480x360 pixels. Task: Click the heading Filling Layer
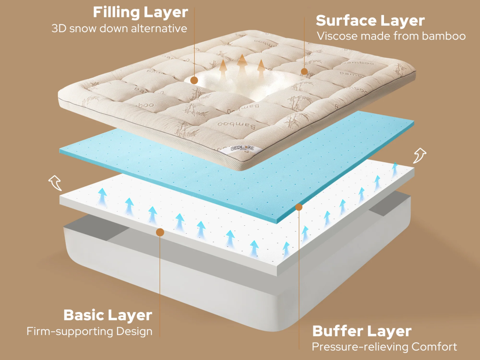(140, 13)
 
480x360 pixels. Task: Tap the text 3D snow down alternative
(120, 28)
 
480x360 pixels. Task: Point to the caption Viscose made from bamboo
(391, 36)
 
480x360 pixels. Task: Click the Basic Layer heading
(108, 315)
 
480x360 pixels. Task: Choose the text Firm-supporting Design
(89, 331)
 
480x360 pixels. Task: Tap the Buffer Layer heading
(362, 331)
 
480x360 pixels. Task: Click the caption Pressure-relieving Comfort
(384, 347)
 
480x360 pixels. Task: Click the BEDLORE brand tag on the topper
(242, 148)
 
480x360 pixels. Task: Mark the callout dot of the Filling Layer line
(194, 80)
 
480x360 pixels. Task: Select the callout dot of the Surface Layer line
(304, 72)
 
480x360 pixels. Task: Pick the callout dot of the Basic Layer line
(160, 232)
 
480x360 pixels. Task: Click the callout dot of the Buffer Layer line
(299, 207)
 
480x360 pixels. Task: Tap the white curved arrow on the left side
(56, 183)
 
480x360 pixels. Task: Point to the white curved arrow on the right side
(420, 156)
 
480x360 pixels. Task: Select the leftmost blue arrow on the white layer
(103, 197)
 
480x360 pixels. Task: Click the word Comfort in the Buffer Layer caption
(434, 347)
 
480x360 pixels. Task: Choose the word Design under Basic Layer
(134, 332)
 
